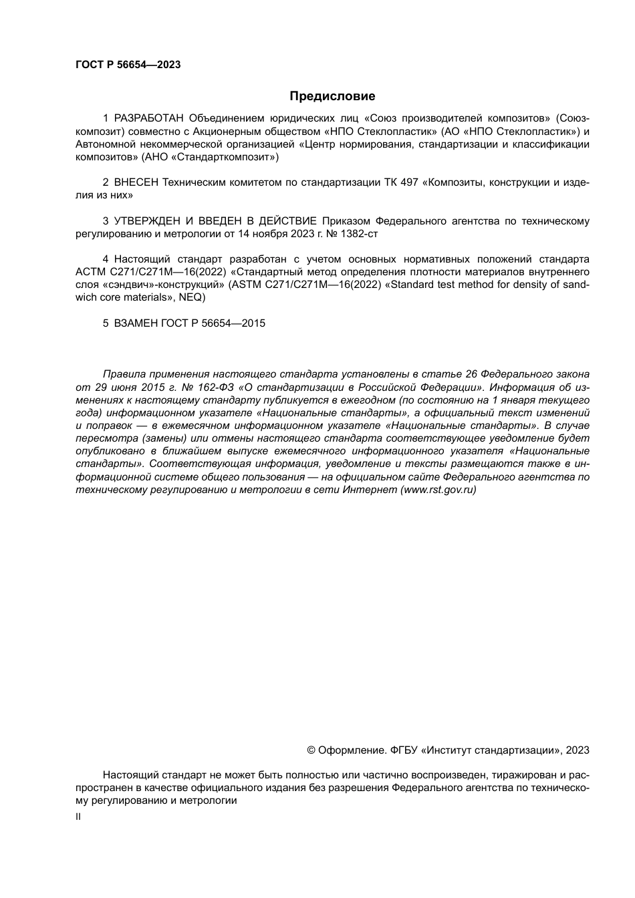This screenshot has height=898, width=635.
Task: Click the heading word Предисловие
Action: (332, 96)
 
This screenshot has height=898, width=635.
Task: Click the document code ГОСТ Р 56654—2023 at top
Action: (128, 65)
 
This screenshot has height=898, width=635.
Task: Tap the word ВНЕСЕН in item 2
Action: (137, 182)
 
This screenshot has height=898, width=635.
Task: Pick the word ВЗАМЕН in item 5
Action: (136, 323)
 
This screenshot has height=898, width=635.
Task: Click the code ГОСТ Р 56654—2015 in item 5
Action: (213, 323)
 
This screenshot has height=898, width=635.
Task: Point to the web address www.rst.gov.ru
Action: (438, 490)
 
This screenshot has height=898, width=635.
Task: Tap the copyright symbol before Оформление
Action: (311, 750)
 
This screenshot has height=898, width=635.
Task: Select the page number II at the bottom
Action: (78, 816)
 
